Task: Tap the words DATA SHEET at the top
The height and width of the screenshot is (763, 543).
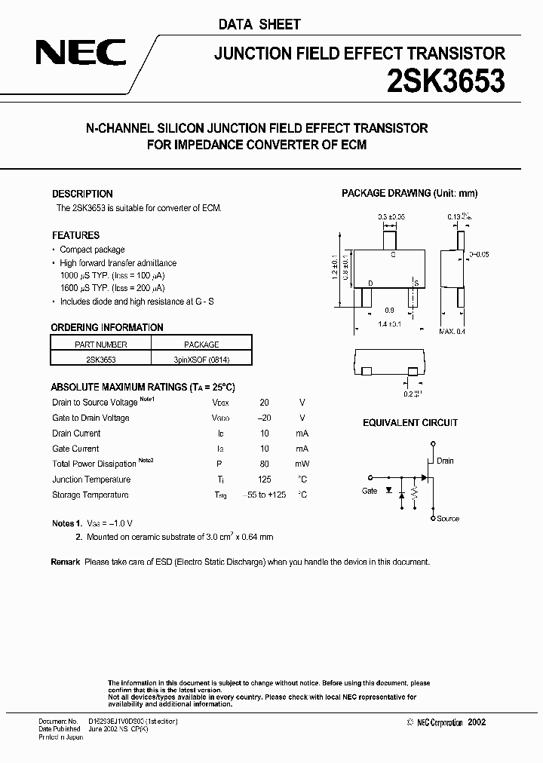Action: pos(259,24)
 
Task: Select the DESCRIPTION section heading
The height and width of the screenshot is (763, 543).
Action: pos(82,194)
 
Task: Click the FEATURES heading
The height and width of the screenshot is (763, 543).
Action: pos(75,235)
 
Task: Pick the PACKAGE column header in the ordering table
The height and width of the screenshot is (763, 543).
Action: pos(201,345)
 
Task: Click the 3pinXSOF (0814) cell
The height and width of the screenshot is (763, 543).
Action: pos(201,360)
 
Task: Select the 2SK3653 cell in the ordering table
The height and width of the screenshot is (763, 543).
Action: pos(100,360)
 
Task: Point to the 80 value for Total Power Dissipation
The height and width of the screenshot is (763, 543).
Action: pos(264,464)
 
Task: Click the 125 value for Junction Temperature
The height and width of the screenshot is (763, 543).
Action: pos(264,480)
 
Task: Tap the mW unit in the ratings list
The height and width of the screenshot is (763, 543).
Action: pos(302,464)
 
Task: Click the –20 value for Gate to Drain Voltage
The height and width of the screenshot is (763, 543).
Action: pos(263,418)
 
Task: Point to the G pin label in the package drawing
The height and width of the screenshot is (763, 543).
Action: pos(393,256)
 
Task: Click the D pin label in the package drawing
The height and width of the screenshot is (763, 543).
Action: pos(370,283)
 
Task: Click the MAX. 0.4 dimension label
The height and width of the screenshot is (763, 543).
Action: pos(452,331)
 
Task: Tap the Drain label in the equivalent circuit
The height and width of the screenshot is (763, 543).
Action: pos(445,461)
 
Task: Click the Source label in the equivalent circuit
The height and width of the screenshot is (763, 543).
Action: pos(447,519)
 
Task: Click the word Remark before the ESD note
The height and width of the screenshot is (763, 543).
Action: pos(66,562)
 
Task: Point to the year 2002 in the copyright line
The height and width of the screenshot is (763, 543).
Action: pos(477,722)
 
